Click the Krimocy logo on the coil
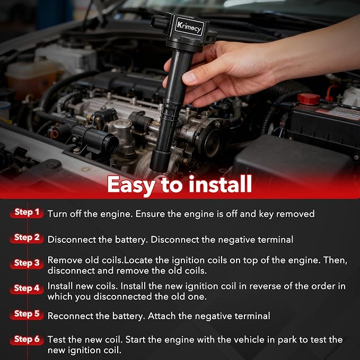[189, 27]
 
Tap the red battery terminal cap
[309, 99]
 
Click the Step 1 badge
[27, 213]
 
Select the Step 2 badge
[27, 238]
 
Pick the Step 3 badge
[27, 264]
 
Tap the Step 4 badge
[27, 288]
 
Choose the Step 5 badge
[27, 314]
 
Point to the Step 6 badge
[27, 340]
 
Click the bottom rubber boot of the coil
[160, 160]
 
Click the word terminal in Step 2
[275, 240]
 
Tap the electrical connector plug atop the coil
[159, 22]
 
